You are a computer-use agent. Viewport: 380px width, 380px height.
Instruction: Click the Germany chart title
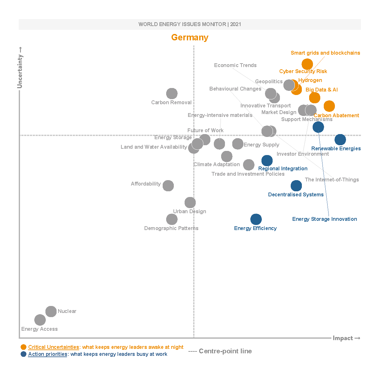point(190,37)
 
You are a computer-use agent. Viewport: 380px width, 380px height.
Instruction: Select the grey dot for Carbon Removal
point(172,94)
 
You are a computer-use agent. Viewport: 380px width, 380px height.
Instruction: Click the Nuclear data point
point(51,312)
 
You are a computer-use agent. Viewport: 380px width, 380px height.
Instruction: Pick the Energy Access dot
point(40,320)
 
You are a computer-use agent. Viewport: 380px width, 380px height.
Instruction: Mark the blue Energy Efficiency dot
point(256,219)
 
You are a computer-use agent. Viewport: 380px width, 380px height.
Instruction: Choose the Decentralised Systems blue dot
point(296,186)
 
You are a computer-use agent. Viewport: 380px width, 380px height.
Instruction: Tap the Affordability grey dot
point(168,186)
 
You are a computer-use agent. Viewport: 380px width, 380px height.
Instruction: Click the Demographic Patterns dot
point(172,219)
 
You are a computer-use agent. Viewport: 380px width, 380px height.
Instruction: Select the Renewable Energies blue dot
point(340,139)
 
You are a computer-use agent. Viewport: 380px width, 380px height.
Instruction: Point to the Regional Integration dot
point(267,161)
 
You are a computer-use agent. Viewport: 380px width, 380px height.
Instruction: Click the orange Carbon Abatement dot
point(329,106)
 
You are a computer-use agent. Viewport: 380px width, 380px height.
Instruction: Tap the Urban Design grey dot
point(190,202)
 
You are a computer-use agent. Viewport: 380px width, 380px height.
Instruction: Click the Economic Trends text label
point(235,65)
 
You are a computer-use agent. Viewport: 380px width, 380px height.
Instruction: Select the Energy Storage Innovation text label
point(324,219)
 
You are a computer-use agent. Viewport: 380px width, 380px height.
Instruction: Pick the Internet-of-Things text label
point(332,180)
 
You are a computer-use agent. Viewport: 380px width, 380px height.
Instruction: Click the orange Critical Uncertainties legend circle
point(24,347)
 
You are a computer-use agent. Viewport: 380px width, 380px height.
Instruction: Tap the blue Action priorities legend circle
point(24,354)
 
